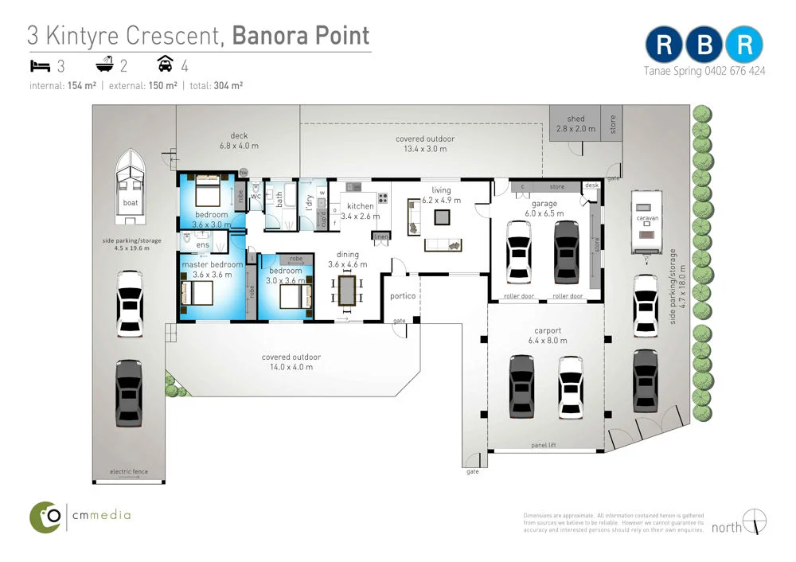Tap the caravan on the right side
click(646, 223)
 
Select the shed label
click(576, 119)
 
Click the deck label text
click(239, 136)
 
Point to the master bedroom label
click(212, 264)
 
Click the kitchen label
click(361, 207)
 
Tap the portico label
click(403, 297)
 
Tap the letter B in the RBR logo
click(704, 45)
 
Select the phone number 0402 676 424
click(735, 71)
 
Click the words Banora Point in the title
click(301, 36)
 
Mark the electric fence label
click(129, 472)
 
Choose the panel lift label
click(545, 446)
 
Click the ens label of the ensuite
click(202, 245)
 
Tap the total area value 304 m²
click(228, 86)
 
